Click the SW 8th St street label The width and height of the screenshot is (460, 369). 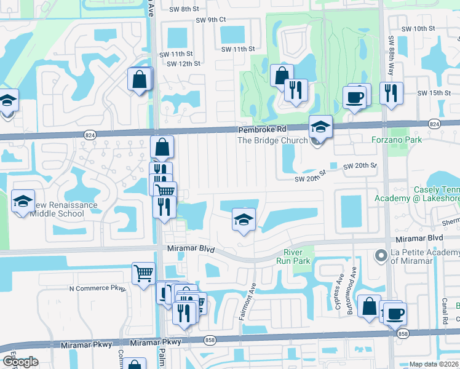185,9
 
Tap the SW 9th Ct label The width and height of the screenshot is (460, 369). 211,20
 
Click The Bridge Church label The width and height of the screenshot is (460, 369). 272,140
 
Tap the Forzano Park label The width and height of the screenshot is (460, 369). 397,140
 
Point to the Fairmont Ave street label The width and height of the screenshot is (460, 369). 247,302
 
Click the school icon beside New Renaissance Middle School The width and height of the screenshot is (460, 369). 23,202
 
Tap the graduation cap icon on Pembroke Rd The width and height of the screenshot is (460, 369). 320,127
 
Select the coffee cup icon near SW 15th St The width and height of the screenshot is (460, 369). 355,97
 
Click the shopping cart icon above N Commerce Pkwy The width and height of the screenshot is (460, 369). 143,272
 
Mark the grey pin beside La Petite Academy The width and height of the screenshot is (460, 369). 381,255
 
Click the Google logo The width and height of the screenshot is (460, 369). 20,362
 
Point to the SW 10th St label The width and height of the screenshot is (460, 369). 418,29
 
